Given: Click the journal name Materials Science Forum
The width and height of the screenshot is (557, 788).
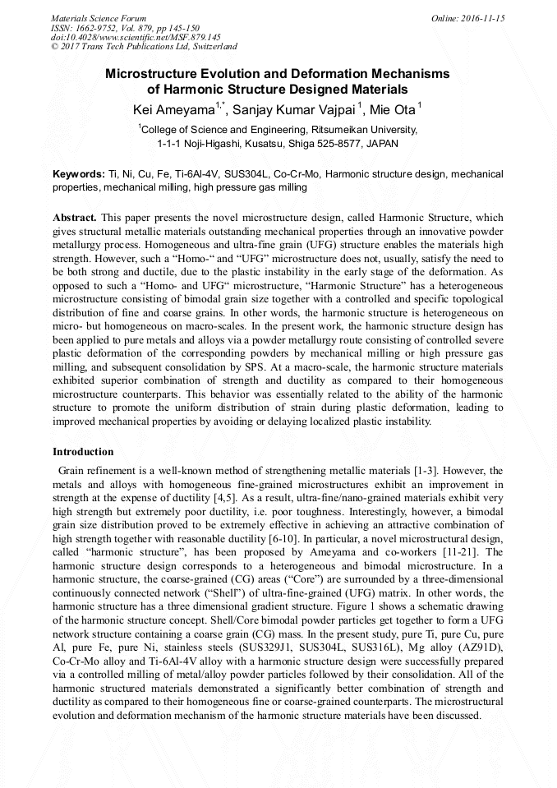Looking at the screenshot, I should (99, 17).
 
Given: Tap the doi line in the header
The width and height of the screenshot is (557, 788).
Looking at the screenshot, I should (136, 37).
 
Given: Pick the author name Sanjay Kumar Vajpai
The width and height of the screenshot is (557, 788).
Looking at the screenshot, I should (292, 108).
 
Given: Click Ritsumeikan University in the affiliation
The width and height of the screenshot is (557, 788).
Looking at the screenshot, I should (364, 129).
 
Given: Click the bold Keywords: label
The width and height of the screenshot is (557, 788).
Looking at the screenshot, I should (78, 174).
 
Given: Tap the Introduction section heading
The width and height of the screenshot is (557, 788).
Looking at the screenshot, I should (83, 452).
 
